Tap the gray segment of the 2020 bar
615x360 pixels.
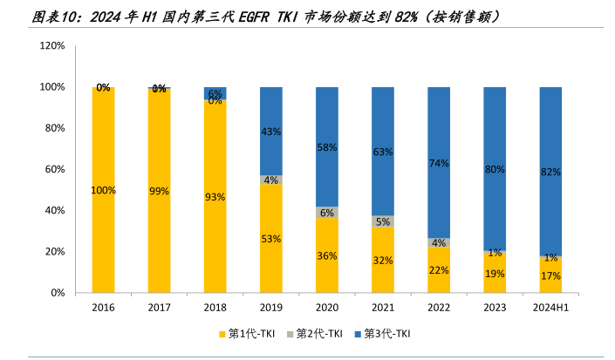327,212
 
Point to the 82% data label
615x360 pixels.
550,172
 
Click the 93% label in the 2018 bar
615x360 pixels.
215,197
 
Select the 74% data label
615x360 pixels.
439,163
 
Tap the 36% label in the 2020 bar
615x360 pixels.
327,255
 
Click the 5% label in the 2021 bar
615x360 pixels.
383,221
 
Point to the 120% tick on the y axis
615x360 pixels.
54,45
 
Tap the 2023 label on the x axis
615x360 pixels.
495,308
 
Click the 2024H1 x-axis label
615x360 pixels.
550,308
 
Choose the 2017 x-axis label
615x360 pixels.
159,308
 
